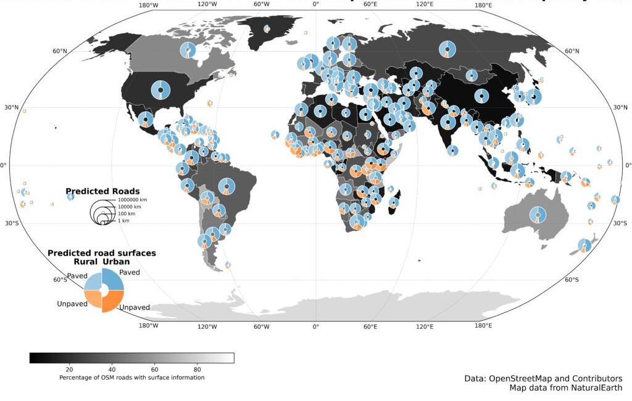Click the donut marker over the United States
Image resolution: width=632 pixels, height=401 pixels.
160,90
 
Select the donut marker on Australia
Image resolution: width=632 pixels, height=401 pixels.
538,215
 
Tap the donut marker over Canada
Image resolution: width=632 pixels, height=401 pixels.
188,51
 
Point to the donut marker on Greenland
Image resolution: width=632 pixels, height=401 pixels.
267,28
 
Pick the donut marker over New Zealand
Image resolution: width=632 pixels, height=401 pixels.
584,245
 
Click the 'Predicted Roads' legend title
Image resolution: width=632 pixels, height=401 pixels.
102,191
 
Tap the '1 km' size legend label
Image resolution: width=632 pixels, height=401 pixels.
123,220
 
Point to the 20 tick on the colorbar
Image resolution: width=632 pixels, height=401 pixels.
69,368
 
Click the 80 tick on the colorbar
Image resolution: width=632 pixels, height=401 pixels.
197,368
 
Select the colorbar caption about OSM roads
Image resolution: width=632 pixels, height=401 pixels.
131,377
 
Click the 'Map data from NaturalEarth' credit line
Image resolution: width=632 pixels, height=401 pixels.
565,387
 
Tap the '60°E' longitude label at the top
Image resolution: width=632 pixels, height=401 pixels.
370,5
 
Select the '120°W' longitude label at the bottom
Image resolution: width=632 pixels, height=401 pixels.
206,326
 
